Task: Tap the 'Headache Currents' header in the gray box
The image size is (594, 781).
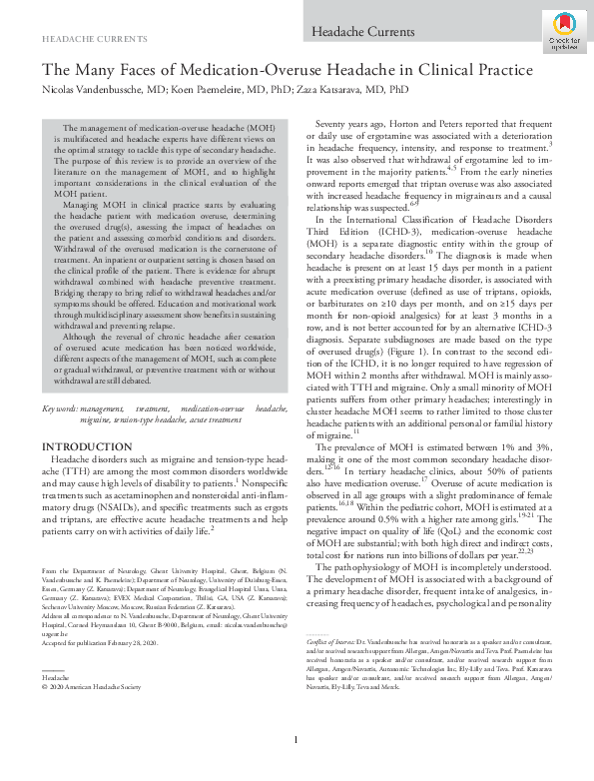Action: pos(349,34)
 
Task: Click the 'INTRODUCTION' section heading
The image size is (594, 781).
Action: pos(81,444)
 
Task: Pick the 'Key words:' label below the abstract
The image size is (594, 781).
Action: pos(59,409)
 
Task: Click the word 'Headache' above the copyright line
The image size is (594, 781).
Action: pos(55,649)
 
